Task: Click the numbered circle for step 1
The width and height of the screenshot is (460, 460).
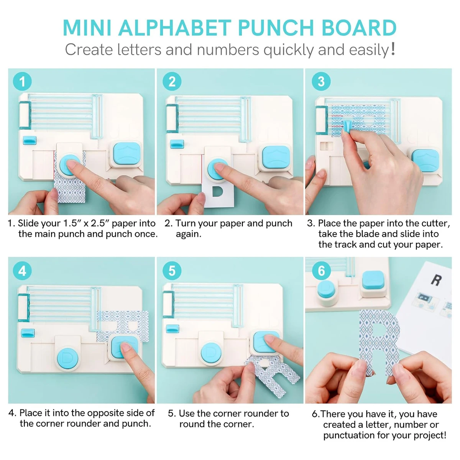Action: pyautogui.click(x=22, y=82)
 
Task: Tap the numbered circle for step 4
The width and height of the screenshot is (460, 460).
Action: pyautogui.click(x=22, y=271)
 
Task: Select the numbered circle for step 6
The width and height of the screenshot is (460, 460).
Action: pyautogui.click(x=321, y=271)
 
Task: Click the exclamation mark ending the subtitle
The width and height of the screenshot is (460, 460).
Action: pyautogui.click(x=393, y=49)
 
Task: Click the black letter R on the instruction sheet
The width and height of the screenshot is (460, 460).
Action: pyautogui.click(x=435, y=280)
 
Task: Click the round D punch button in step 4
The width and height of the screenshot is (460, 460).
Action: pyautogui.click(x=67, y=358)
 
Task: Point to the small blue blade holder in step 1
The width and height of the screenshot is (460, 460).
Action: pyautogui.click(x=30, y=140)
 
